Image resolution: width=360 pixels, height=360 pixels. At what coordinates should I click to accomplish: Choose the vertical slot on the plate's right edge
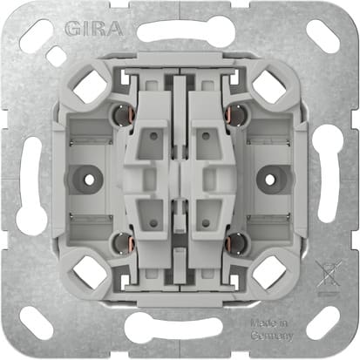tap(329, 180)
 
